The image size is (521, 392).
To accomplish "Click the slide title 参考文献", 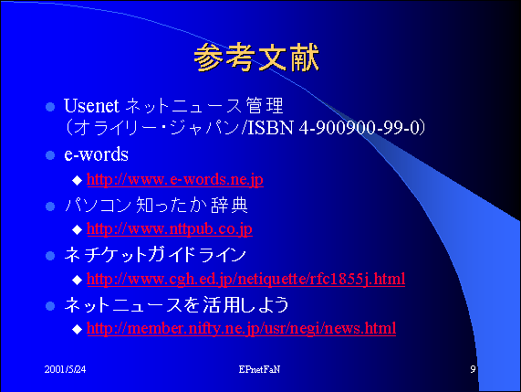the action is [256, 58].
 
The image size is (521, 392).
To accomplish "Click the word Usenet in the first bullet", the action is [91, 106].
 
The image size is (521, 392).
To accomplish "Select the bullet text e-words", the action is [96, 154].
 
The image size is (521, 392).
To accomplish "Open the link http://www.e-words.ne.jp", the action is [175, 180].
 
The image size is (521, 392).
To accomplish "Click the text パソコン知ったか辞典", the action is [157, 205].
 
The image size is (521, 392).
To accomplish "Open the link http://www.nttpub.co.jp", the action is [170, 229].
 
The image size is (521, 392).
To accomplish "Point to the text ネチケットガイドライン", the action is [155, 255].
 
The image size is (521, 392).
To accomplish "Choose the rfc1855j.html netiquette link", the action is [245, 280].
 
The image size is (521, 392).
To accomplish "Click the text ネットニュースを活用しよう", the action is [176, 304].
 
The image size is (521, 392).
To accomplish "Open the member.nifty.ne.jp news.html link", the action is [241, 329].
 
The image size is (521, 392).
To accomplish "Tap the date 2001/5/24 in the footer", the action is [65, 369].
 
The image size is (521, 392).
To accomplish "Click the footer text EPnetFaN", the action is [259, 369].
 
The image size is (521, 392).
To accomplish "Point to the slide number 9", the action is [473, 369].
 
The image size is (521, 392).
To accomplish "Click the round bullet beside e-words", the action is [50, 155].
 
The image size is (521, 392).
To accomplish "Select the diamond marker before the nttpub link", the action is [77, 229].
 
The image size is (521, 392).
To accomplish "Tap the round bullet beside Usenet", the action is [50, 107].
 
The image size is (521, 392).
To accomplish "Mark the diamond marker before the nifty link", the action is [77, 329].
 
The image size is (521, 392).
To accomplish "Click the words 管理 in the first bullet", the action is [265, 106].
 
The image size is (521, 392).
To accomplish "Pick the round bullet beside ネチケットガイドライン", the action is [50, 256].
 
